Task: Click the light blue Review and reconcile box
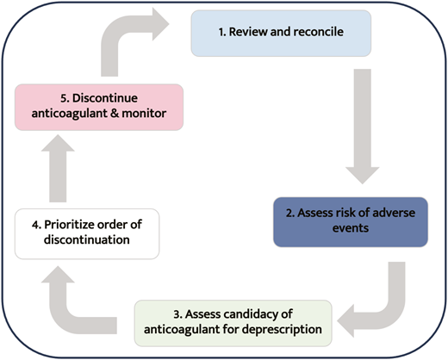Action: click(280, 32)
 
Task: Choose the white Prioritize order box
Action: click(87, 232)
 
